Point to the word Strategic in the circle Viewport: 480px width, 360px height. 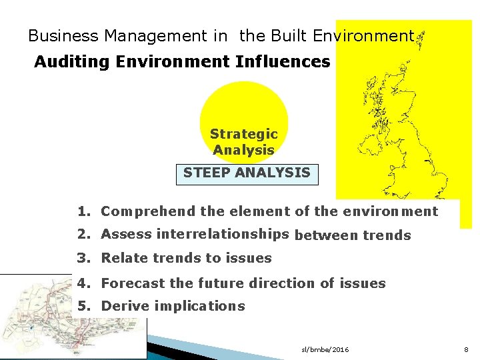[243, 134]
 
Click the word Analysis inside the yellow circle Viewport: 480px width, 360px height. [243, 150]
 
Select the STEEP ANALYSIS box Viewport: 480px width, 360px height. [247, 173]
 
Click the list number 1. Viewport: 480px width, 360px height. [83, 212]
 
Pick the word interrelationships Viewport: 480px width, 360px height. [222, 233]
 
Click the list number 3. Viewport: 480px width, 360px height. [83, 258]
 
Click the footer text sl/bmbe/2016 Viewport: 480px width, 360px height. [325, 350]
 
